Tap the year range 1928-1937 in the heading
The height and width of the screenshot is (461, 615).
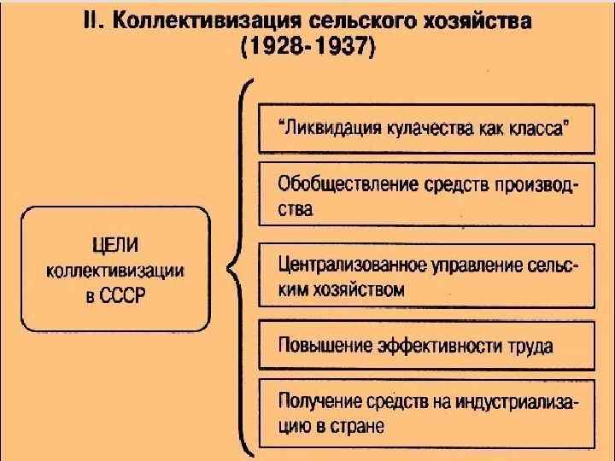(x=307, y=49)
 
